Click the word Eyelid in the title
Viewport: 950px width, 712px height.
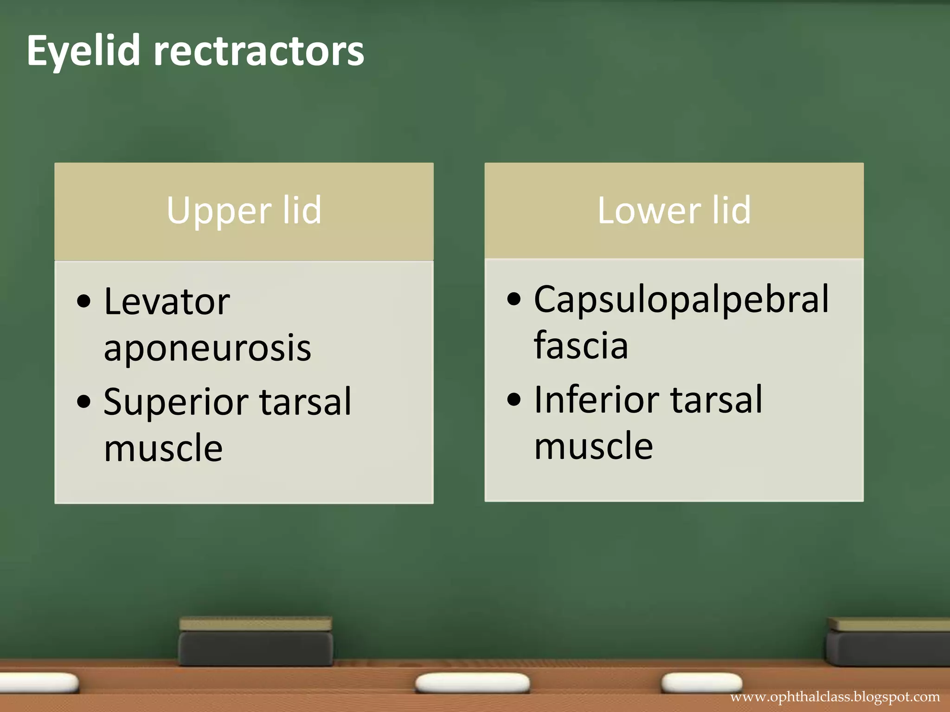[x=83, y=51]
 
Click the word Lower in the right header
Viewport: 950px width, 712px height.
[x=648, y=211]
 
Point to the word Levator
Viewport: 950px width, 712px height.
[x=167, y=302]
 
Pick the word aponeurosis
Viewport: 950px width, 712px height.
[x=207, y=348]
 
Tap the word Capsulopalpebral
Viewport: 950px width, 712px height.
[x=681, y=299]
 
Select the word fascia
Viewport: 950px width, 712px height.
[x=581, y=345]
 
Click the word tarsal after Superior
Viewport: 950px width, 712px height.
[x=305, y=401]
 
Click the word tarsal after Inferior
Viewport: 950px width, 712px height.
[x=716, y=400]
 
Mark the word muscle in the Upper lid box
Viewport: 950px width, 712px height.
[x=163, y=448]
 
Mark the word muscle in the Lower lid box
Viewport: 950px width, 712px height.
[x=594, y=446]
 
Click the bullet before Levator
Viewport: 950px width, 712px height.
[x=84, y=302]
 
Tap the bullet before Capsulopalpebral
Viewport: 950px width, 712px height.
[x=514, y=299]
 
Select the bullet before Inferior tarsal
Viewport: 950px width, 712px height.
[x=514, y=400]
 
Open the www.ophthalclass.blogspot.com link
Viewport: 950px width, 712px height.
[x=835, y=697]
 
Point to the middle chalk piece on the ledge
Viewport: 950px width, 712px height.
[x=472, y=683]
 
